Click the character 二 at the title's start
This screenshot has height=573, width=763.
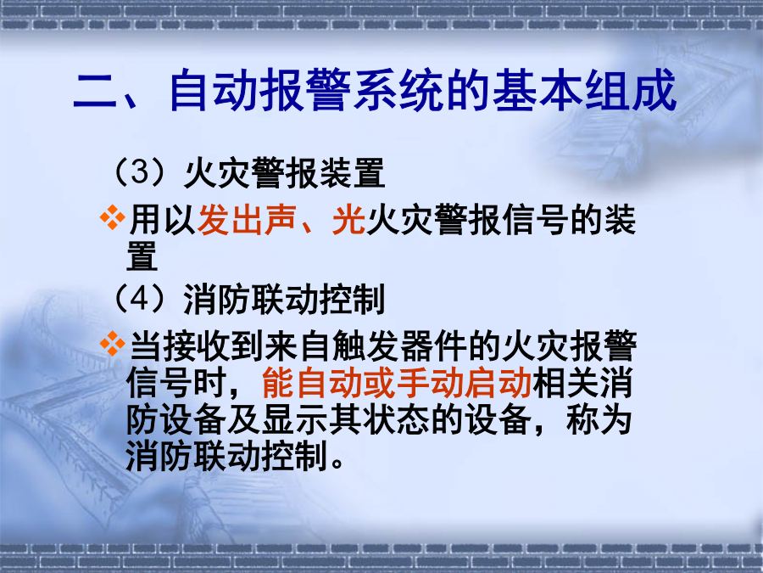tap(95, 91)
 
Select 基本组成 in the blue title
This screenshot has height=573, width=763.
tap(584, 90)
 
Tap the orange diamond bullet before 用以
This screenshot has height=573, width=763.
tap(113, 218)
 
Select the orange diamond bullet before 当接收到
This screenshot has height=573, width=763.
tap(113, 344)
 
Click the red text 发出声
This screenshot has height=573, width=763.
tap(247, 220)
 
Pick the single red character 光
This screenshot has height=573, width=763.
tap(348, 220)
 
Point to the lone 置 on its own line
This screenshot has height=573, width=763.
tap(142, 256)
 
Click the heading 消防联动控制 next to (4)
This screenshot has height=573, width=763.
tap(285, 299)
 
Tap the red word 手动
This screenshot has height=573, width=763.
tap(430, 383)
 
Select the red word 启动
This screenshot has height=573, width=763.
tap(498, 383)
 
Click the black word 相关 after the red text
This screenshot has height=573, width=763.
tap(566, 383)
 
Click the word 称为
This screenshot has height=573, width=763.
tap(599, 420)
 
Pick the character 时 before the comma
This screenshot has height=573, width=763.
tap(210, 383)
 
